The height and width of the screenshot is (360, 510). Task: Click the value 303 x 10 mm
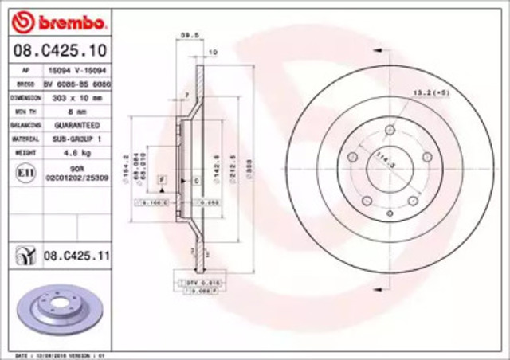[x=76, y=97]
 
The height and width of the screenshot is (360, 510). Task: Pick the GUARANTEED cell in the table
[x=76, y=126]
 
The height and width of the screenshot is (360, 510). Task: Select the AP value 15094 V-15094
[x=76, y=70]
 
